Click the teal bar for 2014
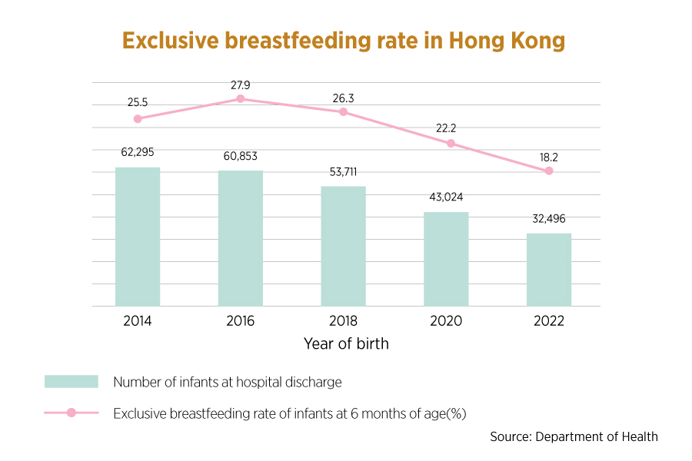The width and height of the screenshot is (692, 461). (138, 237)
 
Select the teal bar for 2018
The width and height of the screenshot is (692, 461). (344, 246)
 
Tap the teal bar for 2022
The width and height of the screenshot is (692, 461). (549, 270)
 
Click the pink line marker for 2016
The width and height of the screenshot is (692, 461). (241, 99)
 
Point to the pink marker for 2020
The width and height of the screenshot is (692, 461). (451, 144)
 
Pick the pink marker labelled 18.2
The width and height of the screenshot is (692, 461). (549, 171)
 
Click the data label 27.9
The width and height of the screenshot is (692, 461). (241, 85)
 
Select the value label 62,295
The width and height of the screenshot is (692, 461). (138, 152)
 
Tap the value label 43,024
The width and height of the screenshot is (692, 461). (446, 197)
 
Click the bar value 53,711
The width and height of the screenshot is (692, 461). (344, 171)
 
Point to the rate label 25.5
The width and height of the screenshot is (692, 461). (138, 102)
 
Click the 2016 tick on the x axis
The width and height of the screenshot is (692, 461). (241, 320)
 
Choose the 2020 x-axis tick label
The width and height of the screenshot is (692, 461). (446, 320)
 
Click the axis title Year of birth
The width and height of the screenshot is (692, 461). (347, 343)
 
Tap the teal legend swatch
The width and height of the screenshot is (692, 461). (72, 382)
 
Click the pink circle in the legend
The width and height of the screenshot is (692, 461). (71, 413)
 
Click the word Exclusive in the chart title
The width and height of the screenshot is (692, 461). (171, 41)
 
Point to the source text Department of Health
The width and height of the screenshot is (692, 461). (597, 436)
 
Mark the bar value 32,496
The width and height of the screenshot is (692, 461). (549, 219)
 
